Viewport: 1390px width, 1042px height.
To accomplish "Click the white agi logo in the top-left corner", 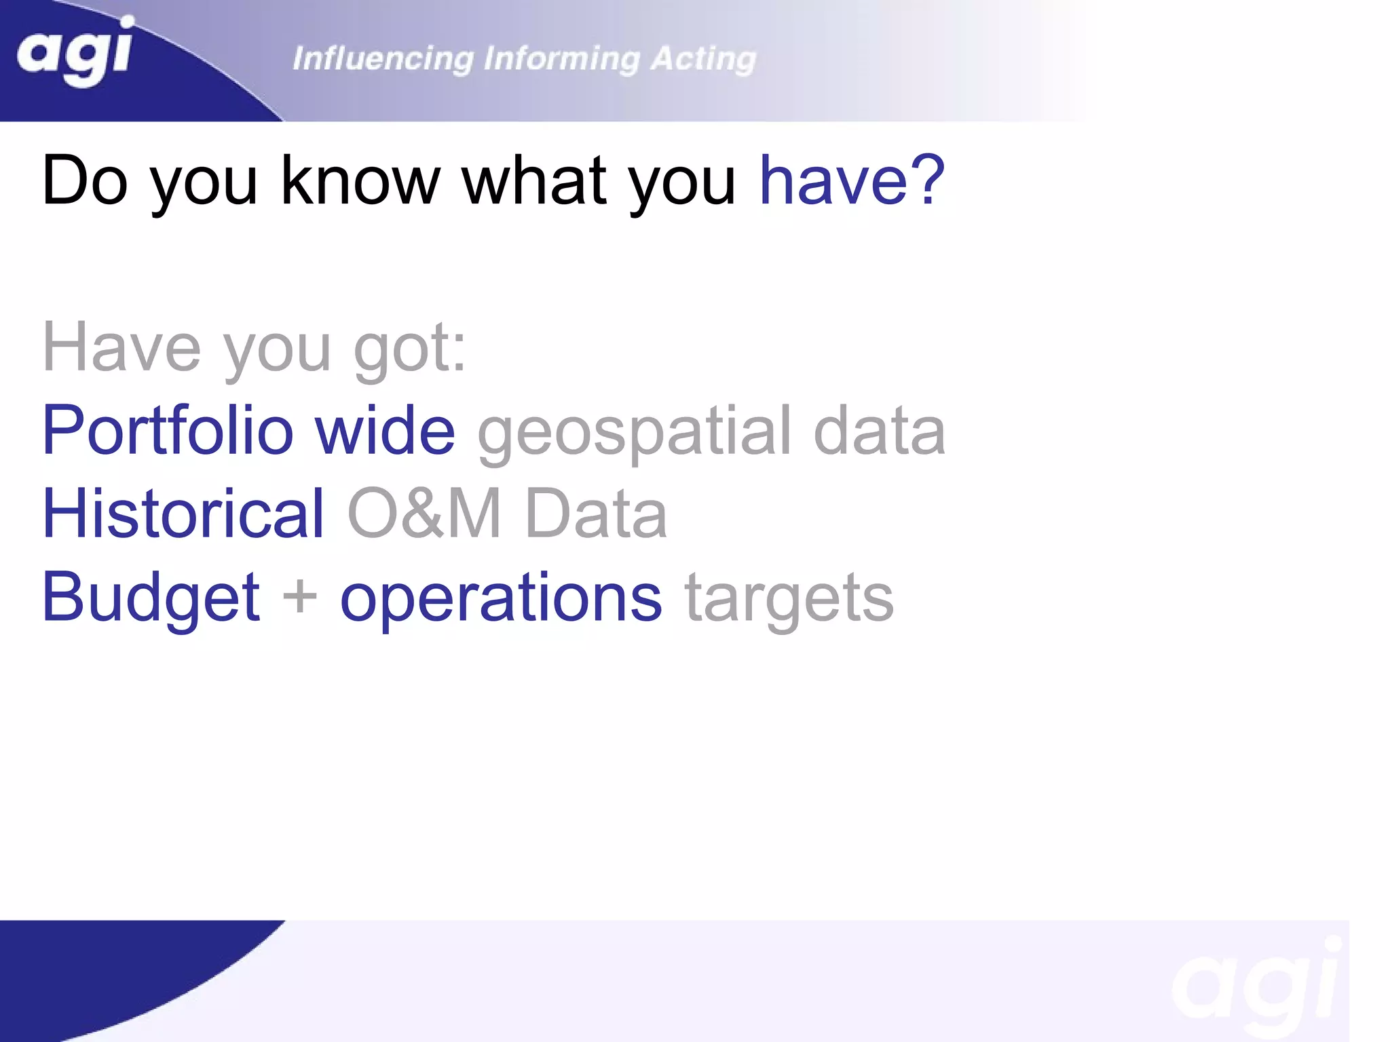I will pyautogui.click(x=75, y=53).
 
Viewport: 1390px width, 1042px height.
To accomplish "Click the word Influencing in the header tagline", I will pyautogui.click(x=383, y=59).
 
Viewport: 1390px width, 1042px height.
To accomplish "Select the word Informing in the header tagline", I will pyautogui.click(x=561, y=59).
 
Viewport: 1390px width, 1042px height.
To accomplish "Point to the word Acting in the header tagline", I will pyautogui.click(x=703, y=59).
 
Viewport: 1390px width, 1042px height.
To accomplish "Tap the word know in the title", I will pyautogui.click(x=360, y=180).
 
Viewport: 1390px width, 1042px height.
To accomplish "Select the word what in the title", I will pyautogui.click(x=533, y=180).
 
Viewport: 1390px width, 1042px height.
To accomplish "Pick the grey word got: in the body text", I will pyautogui.click(x=410, y=347).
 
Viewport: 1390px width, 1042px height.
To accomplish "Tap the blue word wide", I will pyautogui.click(x=385, y=431).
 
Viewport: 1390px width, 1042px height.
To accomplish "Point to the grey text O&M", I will pyautogui.click(x=425, y=514).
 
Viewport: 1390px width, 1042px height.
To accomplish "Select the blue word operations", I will pyautogui.click(x=500, y=598).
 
